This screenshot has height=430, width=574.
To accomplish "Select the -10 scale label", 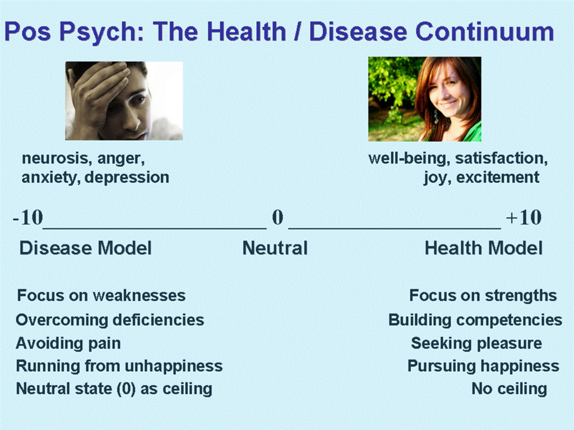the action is [28, 217].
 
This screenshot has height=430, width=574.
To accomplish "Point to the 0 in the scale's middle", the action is [277, 217].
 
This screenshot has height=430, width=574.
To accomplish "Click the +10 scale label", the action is [524, 217].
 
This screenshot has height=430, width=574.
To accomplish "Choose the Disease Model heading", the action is [85, 248].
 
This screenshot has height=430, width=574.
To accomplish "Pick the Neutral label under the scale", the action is [275, 248].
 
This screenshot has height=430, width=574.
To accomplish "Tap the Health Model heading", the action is [484, 248].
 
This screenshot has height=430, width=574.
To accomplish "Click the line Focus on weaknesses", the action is [101, 296].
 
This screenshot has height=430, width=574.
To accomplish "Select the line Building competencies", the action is [475, 320].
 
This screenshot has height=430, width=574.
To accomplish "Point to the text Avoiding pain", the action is [68, 344].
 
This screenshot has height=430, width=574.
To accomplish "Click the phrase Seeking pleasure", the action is [476, 344].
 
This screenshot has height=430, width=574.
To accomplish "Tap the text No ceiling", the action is [509, 389].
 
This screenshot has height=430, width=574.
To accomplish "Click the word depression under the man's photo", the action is [127, 177].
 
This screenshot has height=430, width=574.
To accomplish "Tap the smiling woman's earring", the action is [436, 118].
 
